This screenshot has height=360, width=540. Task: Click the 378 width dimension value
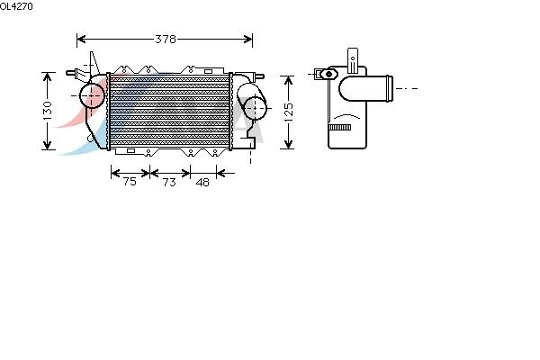165,39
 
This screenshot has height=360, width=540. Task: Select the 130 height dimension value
48,111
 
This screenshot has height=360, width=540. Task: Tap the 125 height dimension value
288,112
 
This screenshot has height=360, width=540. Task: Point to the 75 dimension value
129,182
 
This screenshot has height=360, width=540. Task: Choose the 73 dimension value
168,182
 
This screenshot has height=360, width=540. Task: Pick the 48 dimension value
202,182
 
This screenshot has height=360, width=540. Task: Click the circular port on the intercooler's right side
256,107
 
